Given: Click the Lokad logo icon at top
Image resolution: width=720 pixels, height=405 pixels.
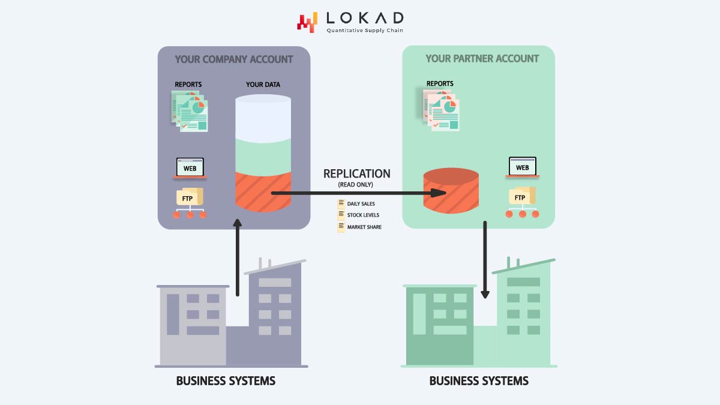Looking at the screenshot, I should [307, 22].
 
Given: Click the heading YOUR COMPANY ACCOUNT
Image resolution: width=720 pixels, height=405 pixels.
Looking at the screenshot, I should [233, 59].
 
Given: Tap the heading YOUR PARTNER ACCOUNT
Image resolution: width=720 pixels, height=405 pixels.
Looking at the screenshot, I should [482, 59].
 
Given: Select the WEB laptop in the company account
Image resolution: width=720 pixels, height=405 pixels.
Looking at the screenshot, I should [190, 168].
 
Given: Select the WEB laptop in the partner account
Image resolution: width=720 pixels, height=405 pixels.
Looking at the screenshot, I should [522, 167].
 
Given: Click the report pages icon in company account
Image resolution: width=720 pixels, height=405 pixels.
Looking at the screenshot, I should [189, 110].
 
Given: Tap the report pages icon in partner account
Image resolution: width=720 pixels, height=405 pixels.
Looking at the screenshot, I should [440, 109].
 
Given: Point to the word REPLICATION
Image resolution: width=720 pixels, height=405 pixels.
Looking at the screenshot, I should [356, 173].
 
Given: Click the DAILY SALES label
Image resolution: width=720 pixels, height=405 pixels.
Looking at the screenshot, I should [361, 204].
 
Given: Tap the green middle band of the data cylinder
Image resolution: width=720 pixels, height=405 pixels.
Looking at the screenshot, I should [263, 155].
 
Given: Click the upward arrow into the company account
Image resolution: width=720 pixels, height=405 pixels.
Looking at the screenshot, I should [238, 258].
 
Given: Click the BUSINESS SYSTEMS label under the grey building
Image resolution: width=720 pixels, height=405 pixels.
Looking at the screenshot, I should [226, 381].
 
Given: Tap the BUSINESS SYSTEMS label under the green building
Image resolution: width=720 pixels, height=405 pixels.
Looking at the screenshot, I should [479, 381].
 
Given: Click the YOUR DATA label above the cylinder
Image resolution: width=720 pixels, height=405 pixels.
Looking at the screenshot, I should [263, 85].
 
